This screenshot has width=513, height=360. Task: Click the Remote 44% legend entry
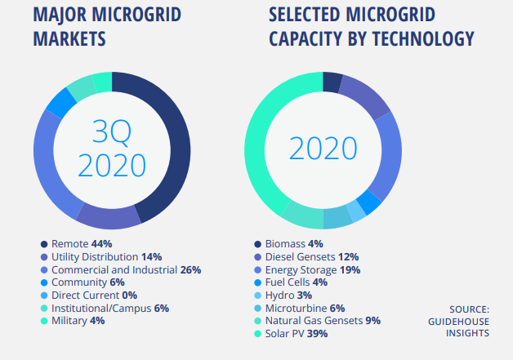click(81, 243)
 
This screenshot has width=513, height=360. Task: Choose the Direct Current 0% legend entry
click(93, 295)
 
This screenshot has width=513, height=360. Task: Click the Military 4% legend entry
click(78, 321)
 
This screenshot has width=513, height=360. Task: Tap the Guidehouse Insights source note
click(468, 321)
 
